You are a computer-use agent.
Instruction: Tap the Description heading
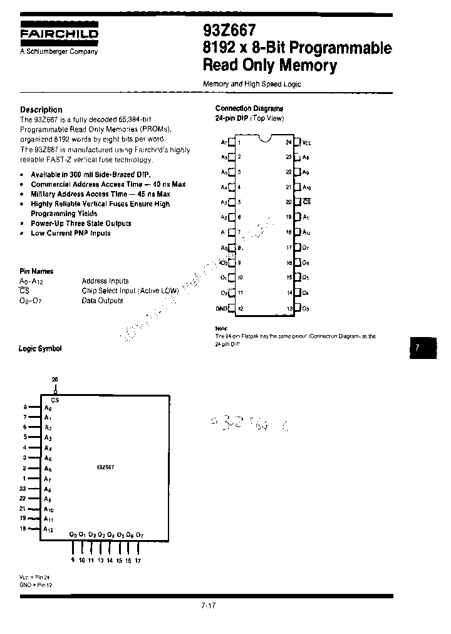pos(41,109)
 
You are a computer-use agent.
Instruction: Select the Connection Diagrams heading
pos(249,108)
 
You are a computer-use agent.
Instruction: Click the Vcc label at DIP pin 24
pos(306,142)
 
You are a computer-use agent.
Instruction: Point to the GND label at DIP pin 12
pos(222,308)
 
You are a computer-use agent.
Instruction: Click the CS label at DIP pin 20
pos(306,202)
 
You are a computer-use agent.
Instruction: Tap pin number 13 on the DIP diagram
pos(289,308)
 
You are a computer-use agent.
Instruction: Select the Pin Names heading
pos(36,271)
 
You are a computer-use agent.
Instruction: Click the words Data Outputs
pos(102,301)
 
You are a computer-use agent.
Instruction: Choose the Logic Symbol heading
pos(40,348)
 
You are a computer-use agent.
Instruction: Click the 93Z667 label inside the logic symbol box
pos(105,467)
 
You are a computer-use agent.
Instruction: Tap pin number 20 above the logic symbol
pos(55,380)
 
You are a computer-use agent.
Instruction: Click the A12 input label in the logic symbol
pos(49,529)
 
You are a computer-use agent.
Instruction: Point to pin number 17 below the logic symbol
pos(138,561)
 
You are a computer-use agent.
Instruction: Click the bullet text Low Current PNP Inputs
pos(70,233)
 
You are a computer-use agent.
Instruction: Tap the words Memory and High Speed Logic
pos(252,84)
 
